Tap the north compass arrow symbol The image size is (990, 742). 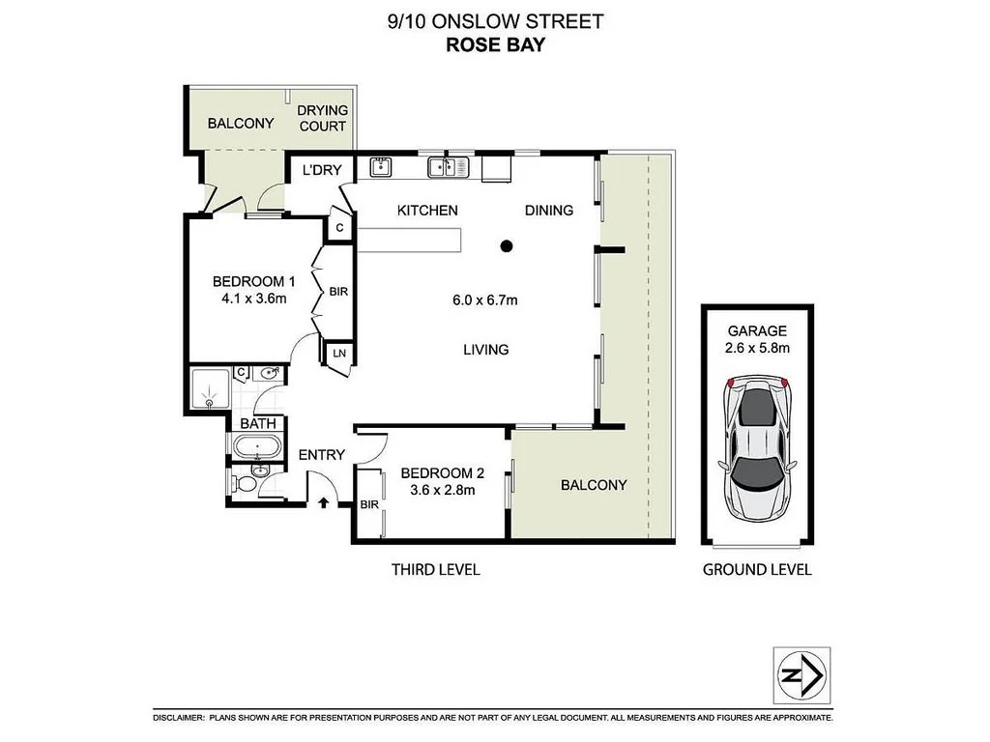802,673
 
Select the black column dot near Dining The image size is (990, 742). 506,246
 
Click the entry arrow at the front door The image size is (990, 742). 324,501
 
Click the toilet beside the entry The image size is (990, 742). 246,480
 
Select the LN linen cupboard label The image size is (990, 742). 339,355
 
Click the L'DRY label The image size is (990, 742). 322,170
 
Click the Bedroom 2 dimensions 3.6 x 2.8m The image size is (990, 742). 442,491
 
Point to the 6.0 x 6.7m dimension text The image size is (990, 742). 485,300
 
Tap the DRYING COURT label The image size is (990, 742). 322,119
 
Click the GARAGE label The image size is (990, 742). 757,330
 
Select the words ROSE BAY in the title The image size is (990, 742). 494,43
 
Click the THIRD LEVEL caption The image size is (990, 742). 435,570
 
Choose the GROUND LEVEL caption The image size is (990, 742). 757,570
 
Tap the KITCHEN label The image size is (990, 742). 427,211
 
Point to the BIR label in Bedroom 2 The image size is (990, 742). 369,504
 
